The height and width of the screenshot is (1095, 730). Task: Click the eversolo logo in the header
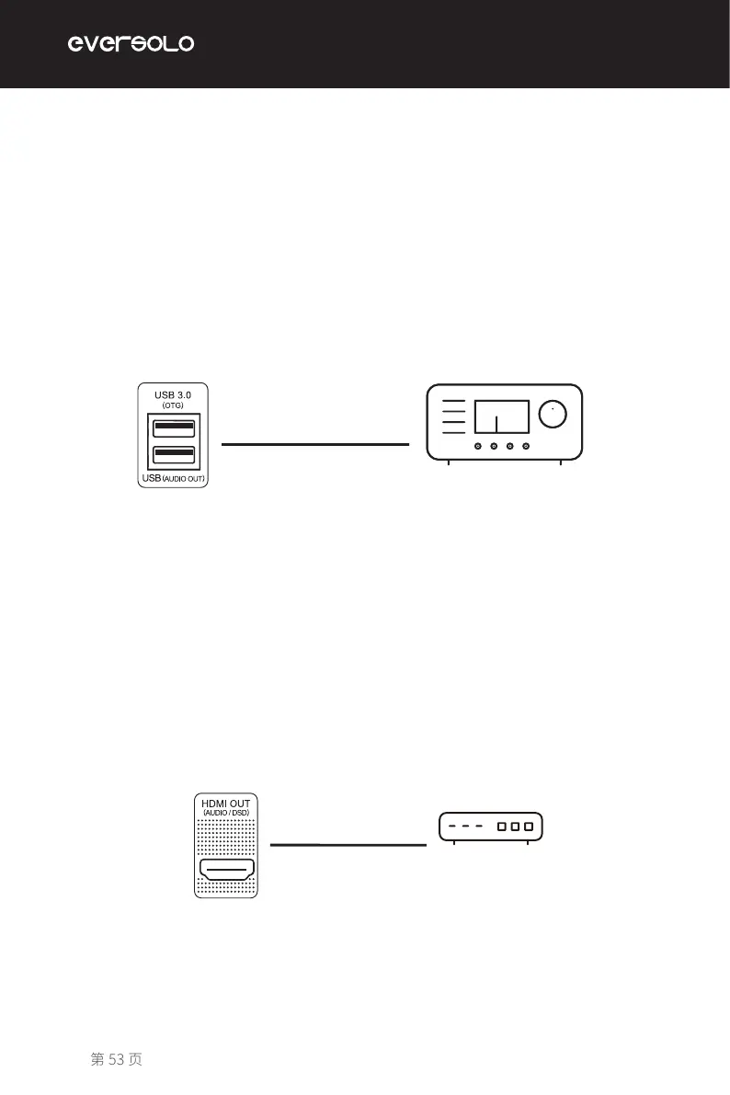coord(131,43)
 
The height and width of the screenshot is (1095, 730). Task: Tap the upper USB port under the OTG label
coord(174,427)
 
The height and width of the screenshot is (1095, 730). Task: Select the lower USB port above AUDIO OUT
coord(174,454)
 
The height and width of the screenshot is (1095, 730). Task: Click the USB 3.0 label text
coord(173,394)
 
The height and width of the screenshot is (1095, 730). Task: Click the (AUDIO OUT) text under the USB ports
coord(183,479)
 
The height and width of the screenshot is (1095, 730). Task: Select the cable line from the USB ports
coord(314,443)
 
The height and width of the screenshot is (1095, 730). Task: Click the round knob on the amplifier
coord(553,415)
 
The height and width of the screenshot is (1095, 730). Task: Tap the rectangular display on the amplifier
coord(501,416)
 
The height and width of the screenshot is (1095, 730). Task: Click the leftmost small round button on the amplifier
coord(478,446)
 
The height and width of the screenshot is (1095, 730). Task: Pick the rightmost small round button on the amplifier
coord(526,446)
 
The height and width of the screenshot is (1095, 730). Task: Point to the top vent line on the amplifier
coord(453,403)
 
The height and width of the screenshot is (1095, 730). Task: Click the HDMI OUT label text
coord(225,803)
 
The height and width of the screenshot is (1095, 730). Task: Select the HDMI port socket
coord(225,871)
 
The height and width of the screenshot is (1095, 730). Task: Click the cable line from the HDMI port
coord(348,843)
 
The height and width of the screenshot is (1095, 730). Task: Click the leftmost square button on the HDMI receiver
coord(502,826)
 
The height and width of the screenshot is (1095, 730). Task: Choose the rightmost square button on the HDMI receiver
coord(529,826)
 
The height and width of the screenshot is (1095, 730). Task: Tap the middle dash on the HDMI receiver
coord(465,826)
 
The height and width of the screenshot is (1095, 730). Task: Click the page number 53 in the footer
coord(116,1059)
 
